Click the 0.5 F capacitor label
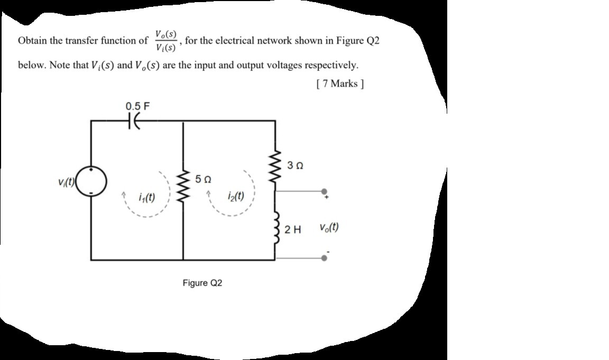point(137,106)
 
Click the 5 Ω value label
point(202,179)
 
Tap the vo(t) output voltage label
point(329,228)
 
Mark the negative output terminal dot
point(325,259)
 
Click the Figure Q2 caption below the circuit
point(202,283)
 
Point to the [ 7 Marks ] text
point(340,84)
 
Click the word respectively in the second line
point(335,66)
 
